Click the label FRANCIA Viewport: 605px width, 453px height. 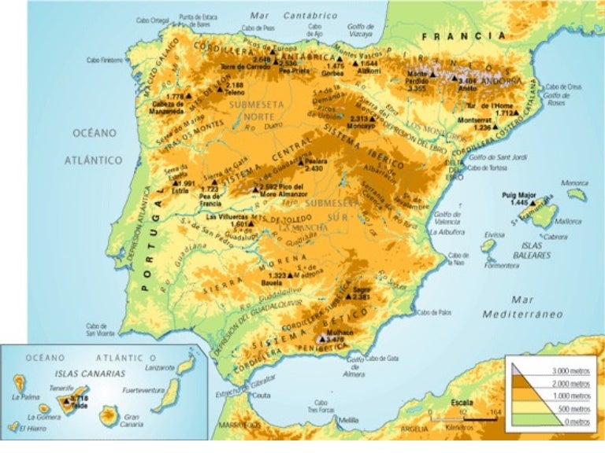pos(463,36)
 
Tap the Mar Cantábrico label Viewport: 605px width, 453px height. pos(293,15)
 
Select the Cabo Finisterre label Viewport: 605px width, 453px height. pos(105,60)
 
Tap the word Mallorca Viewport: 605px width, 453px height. pos(567,221)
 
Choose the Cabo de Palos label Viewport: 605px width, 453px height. pos(434,312)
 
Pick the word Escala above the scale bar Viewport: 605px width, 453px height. pos(462,401)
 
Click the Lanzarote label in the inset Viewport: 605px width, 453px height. pos(160,367)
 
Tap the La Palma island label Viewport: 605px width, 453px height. pos(25,397)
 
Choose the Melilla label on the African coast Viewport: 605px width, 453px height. pos(348,421)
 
